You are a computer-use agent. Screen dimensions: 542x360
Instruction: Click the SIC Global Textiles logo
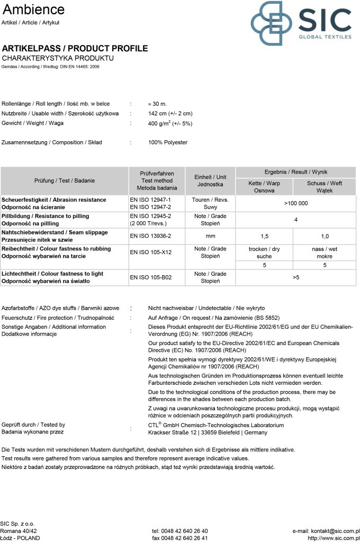(x=301, y=23)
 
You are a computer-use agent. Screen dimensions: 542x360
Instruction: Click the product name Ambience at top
(x=33, y=10)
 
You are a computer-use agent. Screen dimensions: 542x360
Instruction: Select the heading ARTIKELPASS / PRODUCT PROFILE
(x=75, y=49)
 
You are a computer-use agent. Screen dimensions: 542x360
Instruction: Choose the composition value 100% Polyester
(x=168, y=142)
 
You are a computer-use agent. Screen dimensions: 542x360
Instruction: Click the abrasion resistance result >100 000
(x=295, y=203)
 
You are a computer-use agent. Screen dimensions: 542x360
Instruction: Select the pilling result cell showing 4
(x=295, y=220)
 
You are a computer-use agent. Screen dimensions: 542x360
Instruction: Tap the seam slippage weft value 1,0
(x=325, y=237)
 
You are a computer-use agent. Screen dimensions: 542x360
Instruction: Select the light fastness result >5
(x=295, y=277)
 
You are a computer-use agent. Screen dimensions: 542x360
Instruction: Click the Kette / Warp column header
(x=264, y=186)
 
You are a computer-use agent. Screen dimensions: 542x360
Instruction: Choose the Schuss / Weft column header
(x=325, y=186)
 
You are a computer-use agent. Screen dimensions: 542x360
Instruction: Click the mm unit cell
(x=210, y=237)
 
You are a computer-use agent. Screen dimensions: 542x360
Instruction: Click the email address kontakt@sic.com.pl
(x=326, y=531)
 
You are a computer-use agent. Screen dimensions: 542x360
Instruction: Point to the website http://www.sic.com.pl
(x=334, y=538)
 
